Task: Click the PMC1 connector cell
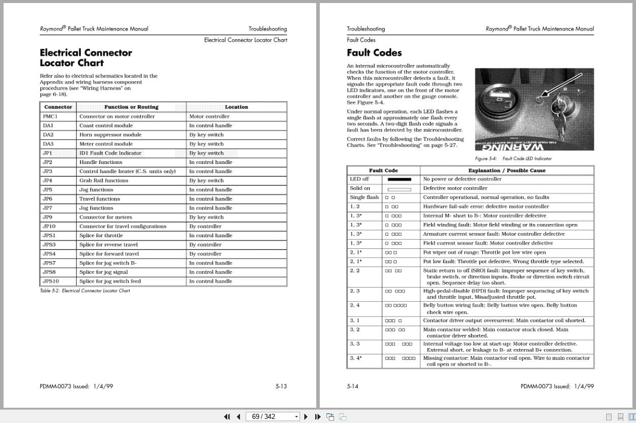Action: [x=50, y=117]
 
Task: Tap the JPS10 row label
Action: [x=50, y=281]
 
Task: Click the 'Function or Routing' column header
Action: [x=131, y=107]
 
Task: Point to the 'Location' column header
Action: [x=236, y=107]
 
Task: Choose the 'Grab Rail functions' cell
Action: [x=104, y=181]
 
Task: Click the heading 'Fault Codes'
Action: [x=374, y=53]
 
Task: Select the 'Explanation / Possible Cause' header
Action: [x=506, y=171]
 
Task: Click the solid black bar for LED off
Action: [x=399, y=179]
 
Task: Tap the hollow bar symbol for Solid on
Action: [x=399, y=189]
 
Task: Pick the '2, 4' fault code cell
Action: [x=355, y=305]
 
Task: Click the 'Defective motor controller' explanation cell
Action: [x=455, y=188]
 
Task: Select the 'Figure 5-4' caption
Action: [x=513, y=159]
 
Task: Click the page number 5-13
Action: [x=281, y=386]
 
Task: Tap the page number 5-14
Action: [x=352, y=386]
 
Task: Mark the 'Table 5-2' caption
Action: [x=85, y=291]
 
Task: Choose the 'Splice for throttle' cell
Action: [x=101, y=236]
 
